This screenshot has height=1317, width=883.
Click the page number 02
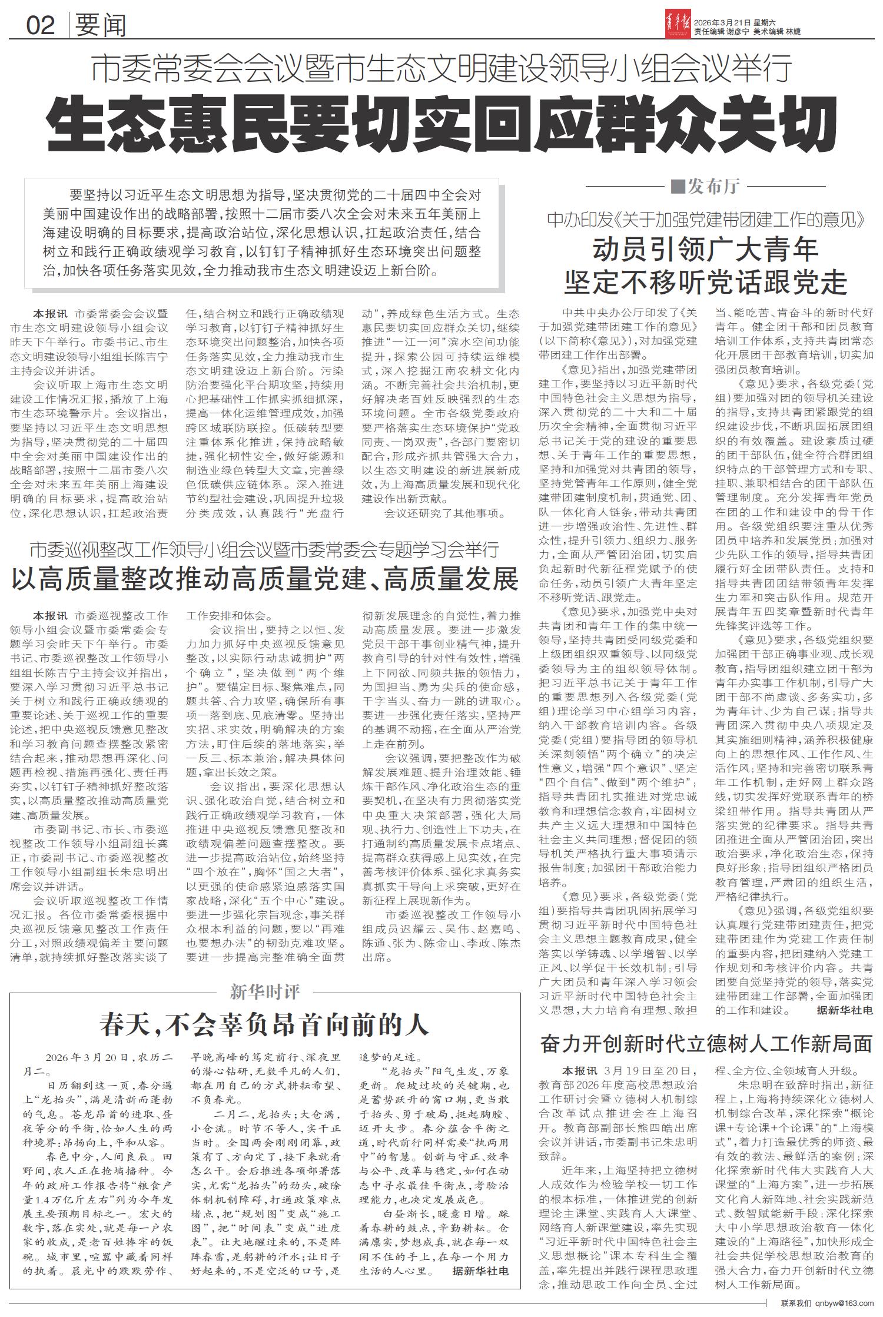tap(41, 25)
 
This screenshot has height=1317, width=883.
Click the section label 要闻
tap(101, 25)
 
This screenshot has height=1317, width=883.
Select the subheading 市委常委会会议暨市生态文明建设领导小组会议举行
tap(441, 69)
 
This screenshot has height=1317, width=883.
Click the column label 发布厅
tap(714, 187)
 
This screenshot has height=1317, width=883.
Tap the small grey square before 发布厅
tap(678, 187)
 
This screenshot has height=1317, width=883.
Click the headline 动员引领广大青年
tap(705, 250)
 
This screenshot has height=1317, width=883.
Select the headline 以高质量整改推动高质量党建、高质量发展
tap(264, 579)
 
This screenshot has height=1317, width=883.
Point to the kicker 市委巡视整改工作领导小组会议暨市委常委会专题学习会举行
tap(264, 550)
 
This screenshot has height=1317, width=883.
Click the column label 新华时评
tap(265, 993)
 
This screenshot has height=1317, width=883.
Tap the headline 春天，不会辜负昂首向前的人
tap(264, 1025)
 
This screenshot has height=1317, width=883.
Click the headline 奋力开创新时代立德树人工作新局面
tap(706, 1044)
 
